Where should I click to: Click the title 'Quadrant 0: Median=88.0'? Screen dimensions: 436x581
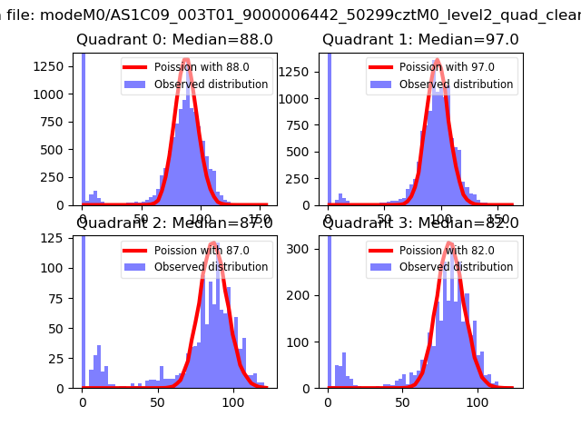point(174,40)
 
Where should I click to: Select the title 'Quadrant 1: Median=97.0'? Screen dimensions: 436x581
point(420,40)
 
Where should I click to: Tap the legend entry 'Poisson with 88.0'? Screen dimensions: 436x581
point(201,67)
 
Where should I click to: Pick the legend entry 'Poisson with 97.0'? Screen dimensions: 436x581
point(446,67)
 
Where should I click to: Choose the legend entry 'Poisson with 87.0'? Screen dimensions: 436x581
point(201,251)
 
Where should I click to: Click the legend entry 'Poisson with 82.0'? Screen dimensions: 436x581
point(446,251)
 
